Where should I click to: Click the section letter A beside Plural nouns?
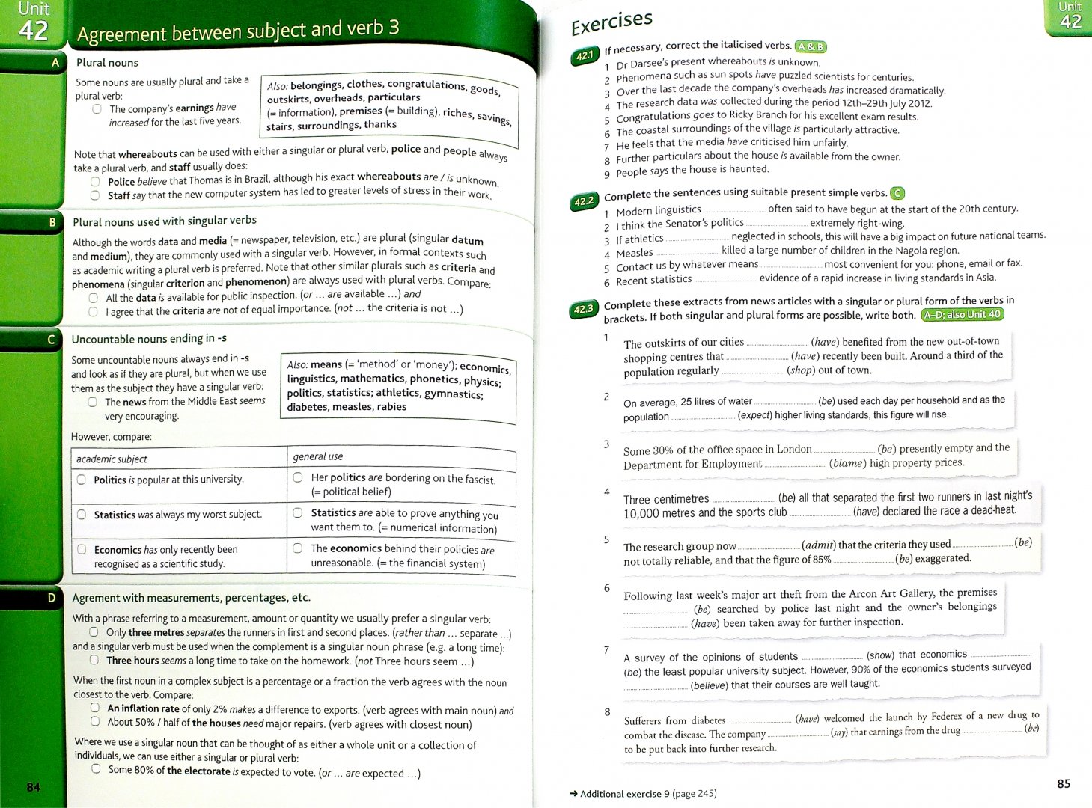pyautogui.click(x=55, y=63)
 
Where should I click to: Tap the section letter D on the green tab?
pyautogui.click(x=52, y=598)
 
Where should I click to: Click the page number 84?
pyautogui.click(x=34, y=787)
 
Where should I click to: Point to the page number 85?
pyautogui.click(x=1064, y=783)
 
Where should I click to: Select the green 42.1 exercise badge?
pyautogui.click(x=585, y=55)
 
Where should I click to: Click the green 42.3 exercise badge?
pyautogui.click(x=583, y=309)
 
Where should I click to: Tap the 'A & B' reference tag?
pyautogui.click(x=811, y=46)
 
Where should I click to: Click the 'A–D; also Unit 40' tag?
pyautogui.click(x=962, y=314)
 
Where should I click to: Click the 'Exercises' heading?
pyautogui.click(x=611, y=22)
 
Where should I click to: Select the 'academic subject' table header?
pyautogui.click(x=112, y=459)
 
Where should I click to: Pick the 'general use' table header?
pyautogui.click(x=318, y=456)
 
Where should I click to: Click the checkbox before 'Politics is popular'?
pyautogui.click(x=82, y=480)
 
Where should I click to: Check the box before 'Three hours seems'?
pyautogui.click(x=94, y=660)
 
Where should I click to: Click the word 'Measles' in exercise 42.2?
pyautogui.click(x=635, y=253)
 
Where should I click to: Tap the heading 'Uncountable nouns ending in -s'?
pyautogui.click(x=149, y=339)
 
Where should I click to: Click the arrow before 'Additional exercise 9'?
pyautogui.click(x=573, y=794)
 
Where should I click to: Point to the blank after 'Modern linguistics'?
pyautogui.click(x=734, y=210)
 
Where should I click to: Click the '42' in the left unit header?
pyautogui.click(x=34, y=31)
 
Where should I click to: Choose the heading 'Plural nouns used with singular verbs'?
pyautogui.click(x=165, y=221)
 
